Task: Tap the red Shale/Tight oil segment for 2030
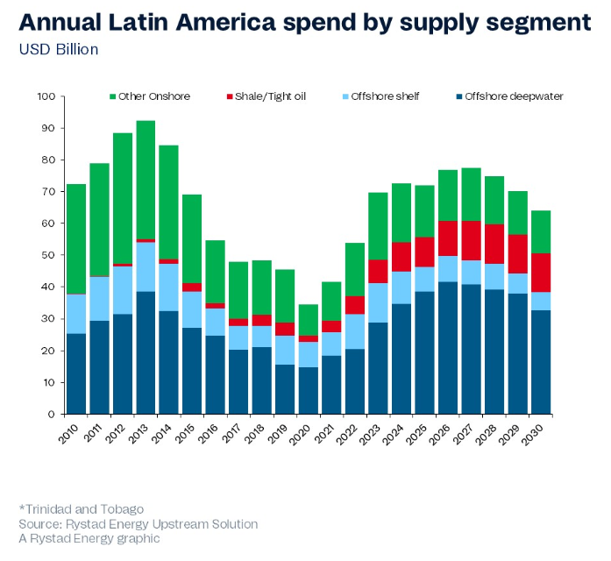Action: tap(542, 273)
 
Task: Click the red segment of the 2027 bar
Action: tap(472, 240)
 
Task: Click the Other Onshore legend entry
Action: tap(149, 96)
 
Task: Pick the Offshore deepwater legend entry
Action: tap(508, 96)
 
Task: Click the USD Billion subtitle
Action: tap(59, 50)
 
